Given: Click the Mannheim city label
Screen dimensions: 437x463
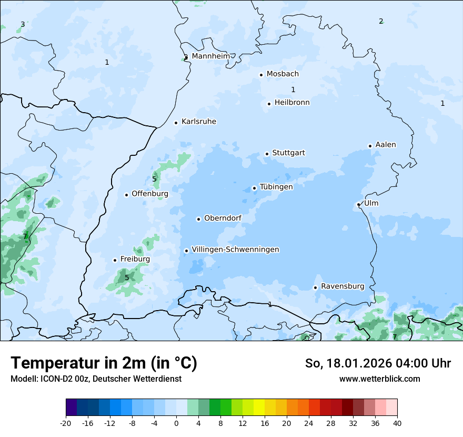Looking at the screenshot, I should point(210,56).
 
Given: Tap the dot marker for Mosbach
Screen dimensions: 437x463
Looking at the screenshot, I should point(261,75).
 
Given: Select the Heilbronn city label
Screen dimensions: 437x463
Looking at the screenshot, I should point(292,103).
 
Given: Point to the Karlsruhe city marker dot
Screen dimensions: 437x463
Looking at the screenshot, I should point(176,123).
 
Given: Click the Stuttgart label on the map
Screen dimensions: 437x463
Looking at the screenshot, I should point(288,153).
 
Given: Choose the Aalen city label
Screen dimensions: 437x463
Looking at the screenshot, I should point(386,145).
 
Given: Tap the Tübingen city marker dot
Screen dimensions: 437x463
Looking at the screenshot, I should point(254,188).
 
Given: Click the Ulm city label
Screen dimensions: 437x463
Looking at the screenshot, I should point(371,203).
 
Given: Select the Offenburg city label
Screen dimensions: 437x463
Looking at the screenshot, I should point(150,194).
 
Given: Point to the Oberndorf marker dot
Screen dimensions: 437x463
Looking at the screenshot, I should point(198,219).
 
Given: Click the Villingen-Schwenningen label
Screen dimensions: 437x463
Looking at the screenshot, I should point(235,250).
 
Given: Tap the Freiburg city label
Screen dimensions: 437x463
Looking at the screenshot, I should point(135,259).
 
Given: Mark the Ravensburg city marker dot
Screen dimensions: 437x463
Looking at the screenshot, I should point(315,287).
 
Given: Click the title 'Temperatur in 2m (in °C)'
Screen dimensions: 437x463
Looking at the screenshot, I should point(104,363).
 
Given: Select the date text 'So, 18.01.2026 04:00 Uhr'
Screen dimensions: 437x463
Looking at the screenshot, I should point(378,363).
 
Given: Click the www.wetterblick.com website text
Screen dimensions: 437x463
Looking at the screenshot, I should point(379,379).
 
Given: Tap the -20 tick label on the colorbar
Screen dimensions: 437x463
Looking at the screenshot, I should point(66,423).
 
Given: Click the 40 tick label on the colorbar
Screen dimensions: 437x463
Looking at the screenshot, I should point(397,423).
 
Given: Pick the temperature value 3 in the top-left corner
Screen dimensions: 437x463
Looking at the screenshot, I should point(23,24).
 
